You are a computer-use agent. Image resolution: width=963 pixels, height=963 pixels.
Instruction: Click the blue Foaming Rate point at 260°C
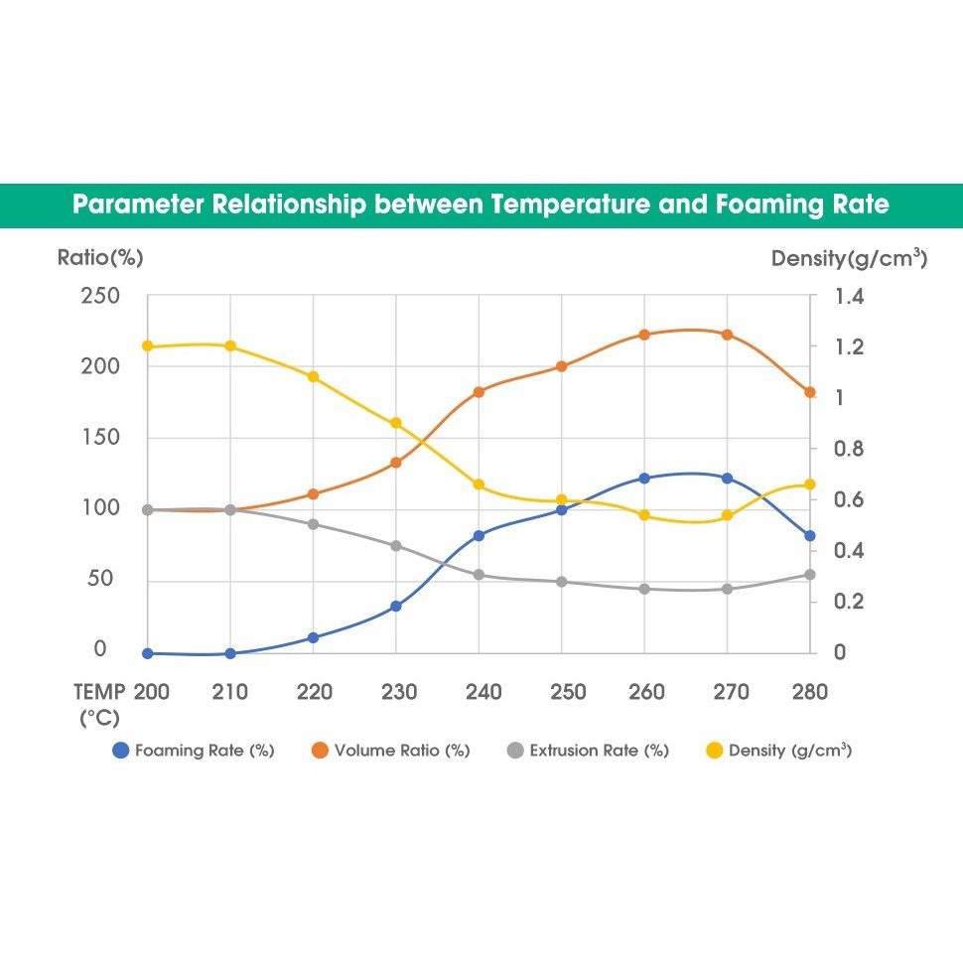click(644, 479)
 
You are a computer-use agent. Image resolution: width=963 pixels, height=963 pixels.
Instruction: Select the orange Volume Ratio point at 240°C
click(479, 392)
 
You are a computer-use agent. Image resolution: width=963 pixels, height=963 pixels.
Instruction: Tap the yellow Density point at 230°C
click(396, 423)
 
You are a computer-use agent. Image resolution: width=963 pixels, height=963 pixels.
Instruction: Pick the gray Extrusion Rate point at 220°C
click(313, 524)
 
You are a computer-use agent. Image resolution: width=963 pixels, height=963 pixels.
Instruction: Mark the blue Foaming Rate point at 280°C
click(810, 536)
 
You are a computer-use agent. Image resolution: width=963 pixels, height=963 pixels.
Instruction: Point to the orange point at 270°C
click(728, 335)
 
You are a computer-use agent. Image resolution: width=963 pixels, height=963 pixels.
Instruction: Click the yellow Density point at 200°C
click(147, 346)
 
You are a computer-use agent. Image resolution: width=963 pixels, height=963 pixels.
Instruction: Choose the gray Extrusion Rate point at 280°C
click(810, 575)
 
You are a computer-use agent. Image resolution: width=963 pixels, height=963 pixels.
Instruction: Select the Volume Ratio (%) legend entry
click(390, 751)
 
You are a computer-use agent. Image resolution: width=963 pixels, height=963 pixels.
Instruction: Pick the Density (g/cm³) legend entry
click(778, 751)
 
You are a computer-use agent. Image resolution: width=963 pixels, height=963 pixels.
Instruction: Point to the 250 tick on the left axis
click(99, 296)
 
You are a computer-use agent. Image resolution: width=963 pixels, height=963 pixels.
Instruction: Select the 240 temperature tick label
click(483, 692)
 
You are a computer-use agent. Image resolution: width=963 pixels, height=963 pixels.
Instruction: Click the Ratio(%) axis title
click(100, 258)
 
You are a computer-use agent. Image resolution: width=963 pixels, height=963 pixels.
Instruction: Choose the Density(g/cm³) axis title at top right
click(849, 259)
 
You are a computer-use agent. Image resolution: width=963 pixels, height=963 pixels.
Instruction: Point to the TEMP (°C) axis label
click(100, 704)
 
